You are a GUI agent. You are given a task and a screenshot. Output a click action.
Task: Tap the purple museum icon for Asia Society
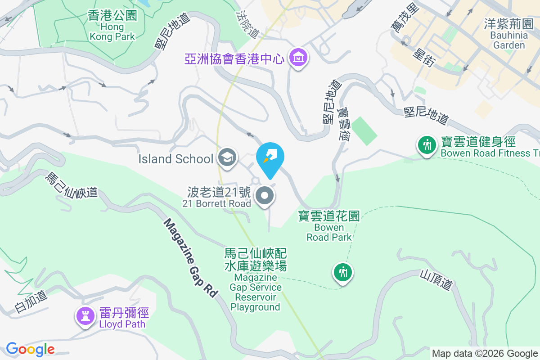point(298,58)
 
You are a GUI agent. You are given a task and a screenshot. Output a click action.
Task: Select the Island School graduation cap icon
point(227,158)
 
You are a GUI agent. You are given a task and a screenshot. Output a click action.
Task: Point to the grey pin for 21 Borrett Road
point(265,196)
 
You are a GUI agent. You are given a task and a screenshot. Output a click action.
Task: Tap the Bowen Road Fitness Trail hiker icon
point(426,145)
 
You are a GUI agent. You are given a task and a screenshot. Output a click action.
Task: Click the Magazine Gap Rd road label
point(190,257)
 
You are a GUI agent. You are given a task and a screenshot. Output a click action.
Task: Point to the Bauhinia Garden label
point(508,34)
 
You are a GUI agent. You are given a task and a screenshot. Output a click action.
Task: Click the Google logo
point(30,349)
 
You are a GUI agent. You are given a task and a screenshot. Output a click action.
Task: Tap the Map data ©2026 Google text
point(485,353)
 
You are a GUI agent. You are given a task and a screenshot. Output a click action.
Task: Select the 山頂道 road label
point(436,279)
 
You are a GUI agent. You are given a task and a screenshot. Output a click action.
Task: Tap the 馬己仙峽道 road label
point(71,185)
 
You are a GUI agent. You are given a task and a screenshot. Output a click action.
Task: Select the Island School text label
point(175,159)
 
